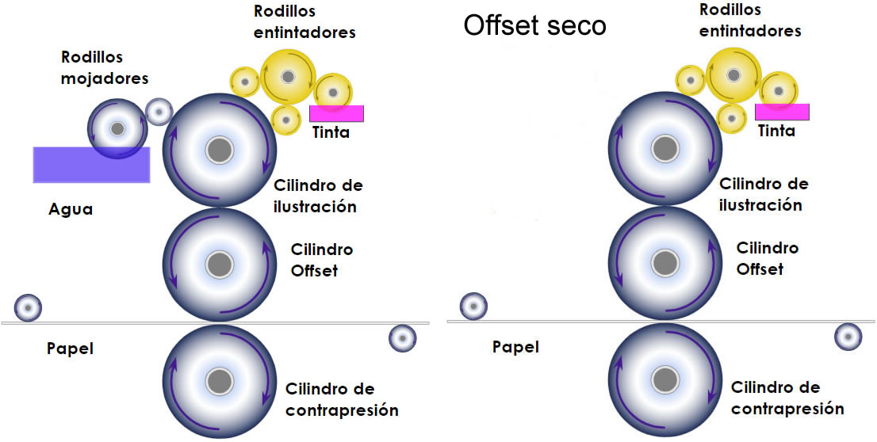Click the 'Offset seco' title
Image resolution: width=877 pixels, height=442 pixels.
pos(534,25)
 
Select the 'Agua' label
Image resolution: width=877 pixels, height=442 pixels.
pos(70,210)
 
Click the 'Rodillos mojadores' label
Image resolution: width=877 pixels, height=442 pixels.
pos(105,68)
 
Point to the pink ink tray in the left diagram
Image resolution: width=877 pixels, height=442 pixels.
pos(336,113)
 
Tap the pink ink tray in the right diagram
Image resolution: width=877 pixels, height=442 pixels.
pos(782,112)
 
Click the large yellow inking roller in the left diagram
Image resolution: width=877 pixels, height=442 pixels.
pos(287,76)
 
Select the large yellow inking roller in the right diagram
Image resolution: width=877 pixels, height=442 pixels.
pos(733,74)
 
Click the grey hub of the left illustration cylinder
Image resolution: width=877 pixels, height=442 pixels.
pos(220,150)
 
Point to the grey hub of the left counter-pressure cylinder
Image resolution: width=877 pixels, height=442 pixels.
pos(220,381)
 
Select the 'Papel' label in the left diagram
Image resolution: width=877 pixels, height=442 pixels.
pos(70,348)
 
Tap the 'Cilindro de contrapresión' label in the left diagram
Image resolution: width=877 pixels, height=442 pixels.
pos(341,399)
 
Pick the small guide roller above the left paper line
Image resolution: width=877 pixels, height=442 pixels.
pos(28,307)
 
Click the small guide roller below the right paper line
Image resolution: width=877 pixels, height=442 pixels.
pos(848,337)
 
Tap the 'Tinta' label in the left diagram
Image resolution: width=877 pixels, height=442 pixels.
pos(331,132)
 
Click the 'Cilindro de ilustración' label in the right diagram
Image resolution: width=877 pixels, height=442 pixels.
pos(764,194)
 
